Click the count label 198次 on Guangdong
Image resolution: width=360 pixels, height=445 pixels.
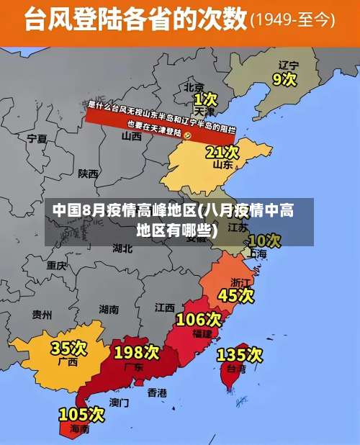pyautogui.click(x=136, y=352)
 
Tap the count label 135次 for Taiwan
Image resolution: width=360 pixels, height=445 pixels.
pyautogui.click(x=239, y=354)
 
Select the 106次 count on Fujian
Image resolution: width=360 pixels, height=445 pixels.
pyautogui.click(x=199, y=318)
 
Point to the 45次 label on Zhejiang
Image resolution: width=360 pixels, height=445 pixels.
pyautogui.click(x=236, y=295)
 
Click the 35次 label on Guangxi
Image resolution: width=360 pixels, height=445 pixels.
pyautogui.click(x=68, y=349)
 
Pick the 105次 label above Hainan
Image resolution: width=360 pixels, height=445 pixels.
pyautogui.click(x=81, y=414)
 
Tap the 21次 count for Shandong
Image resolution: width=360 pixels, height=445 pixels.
pyautogui.click(x=222, y=152)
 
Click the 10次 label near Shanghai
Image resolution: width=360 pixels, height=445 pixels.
pyautogui.click(x=264, y=240)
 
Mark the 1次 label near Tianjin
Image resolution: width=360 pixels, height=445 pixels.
pyautogui.click(x=204, y=98)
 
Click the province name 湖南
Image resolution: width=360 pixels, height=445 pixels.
pyautogui.click(x=109, y=310)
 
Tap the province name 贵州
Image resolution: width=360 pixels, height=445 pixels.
pyautogui.click(x=42, y=314)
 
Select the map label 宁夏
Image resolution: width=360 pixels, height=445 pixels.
pyautogui.click(x=37, y=138)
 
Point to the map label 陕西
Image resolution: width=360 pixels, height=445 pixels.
pyautogui.click(x=89, y=174)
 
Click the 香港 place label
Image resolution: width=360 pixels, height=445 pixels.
pyautogui.click(x=157, y=392)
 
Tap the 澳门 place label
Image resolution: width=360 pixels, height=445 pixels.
pyautogui.click(x=120, y=402)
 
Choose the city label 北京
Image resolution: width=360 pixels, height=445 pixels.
pyautogui.click(x=194, y=86)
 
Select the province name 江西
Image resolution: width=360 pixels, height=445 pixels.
pyautogui.click(x=165, y=307)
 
